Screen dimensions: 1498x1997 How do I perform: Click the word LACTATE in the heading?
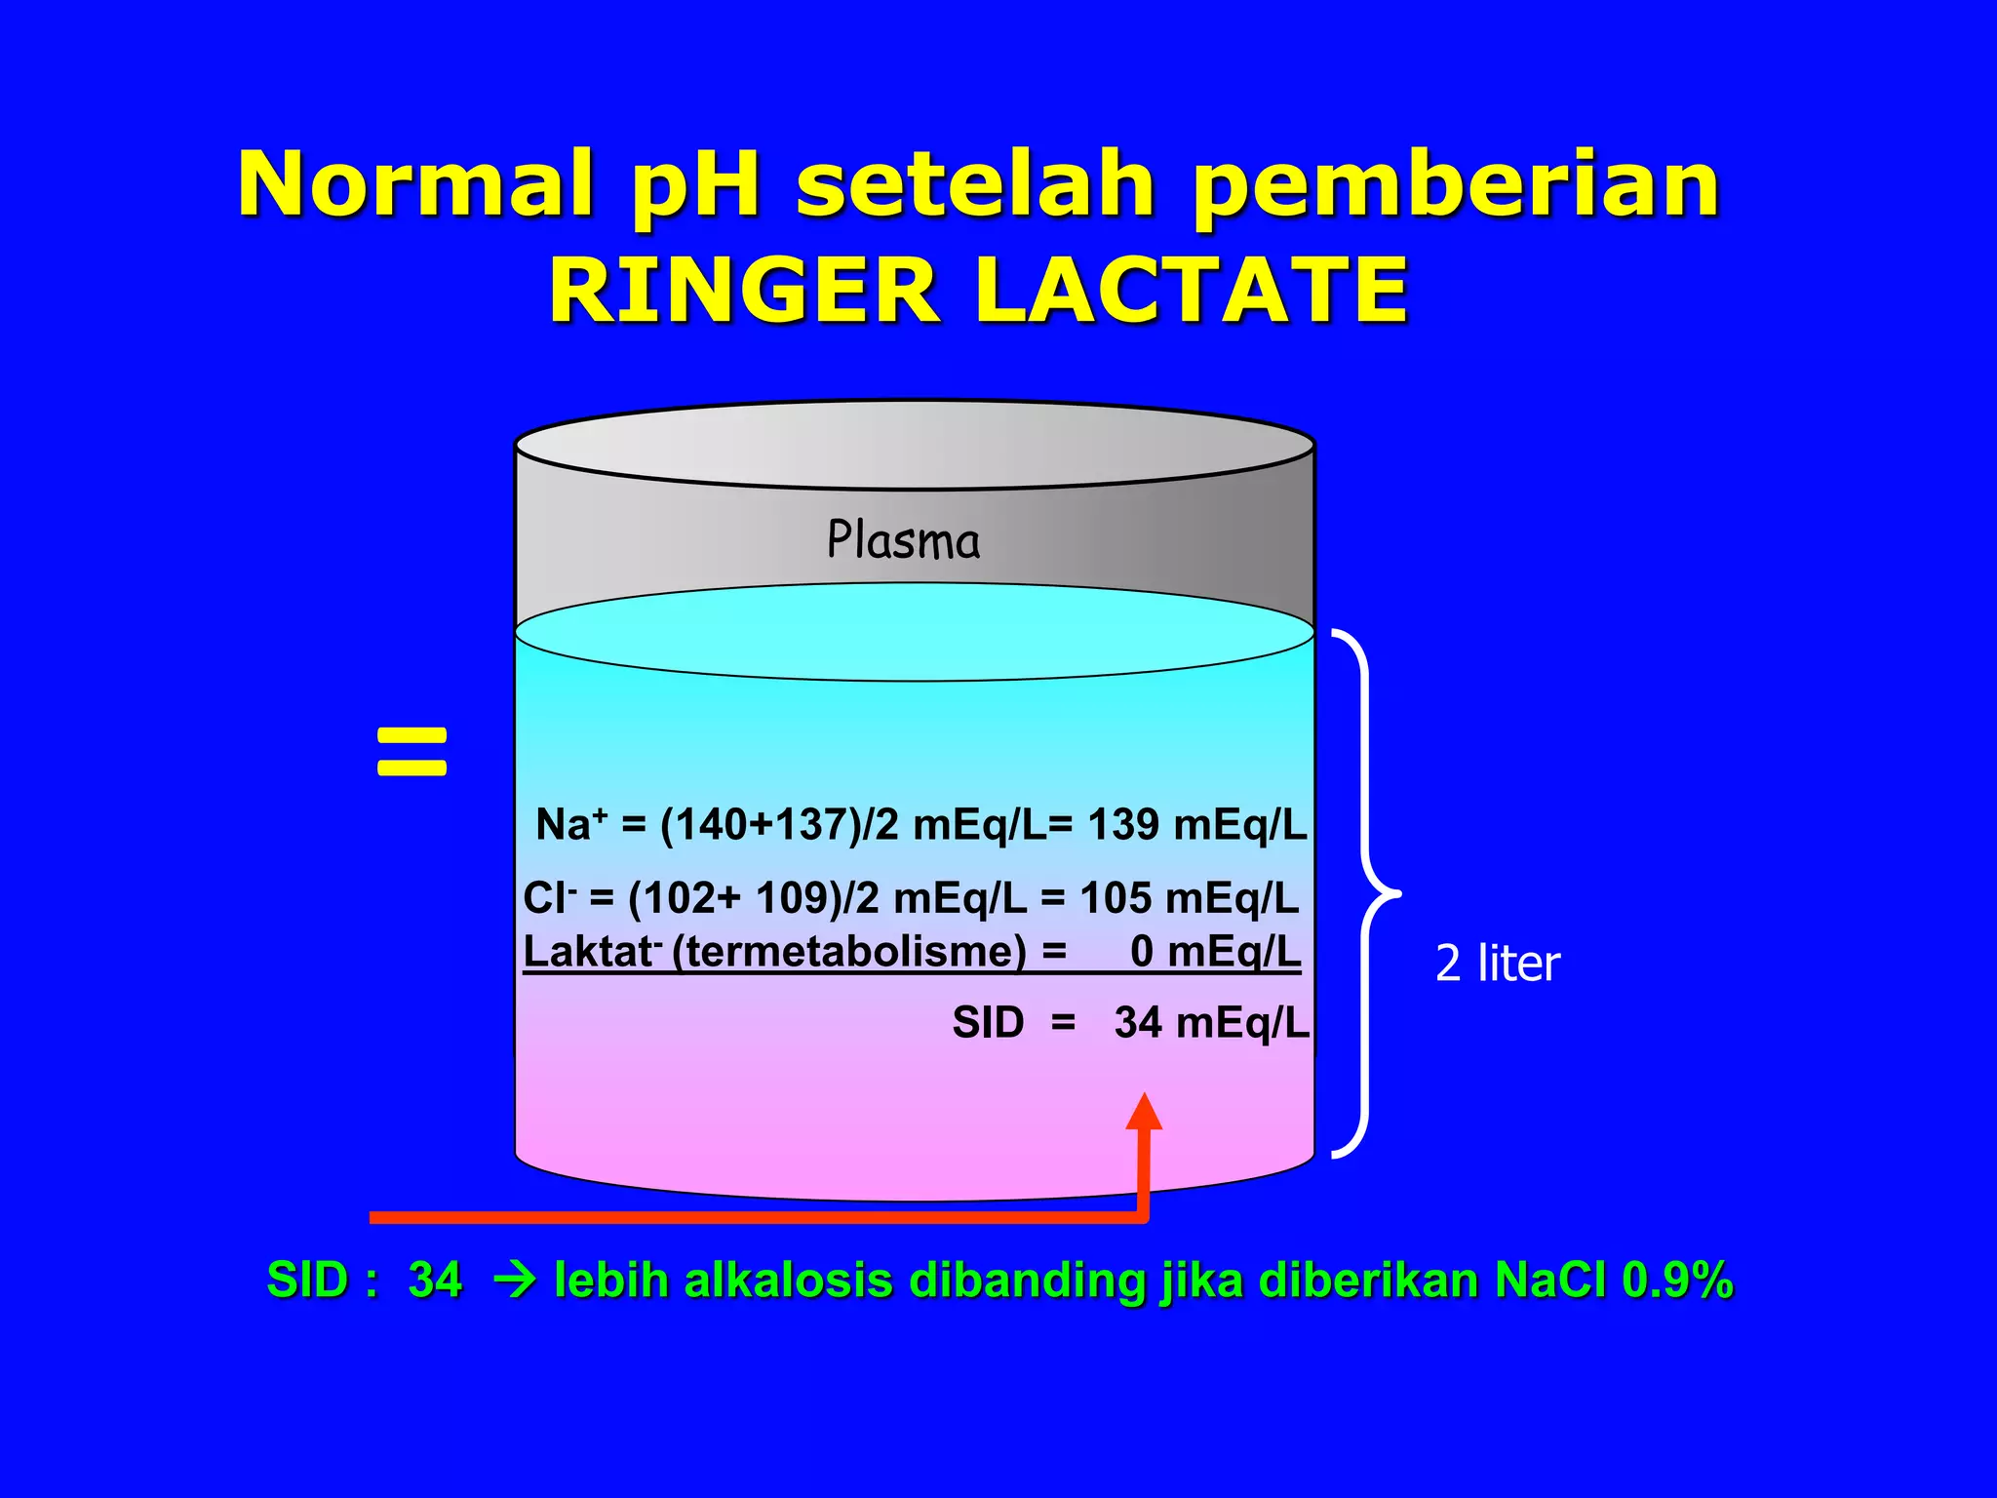(1192, 291)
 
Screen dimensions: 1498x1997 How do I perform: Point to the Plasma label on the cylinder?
(903, 540)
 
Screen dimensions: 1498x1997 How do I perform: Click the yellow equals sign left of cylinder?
(411, 752)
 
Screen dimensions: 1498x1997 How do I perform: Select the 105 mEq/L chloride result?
(1189, 898)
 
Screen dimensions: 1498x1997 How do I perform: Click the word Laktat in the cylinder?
(588, 951)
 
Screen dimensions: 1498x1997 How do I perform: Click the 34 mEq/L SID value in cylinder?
(1211, 1023)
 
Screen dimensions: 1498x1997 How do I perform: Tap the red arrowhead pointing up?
(1144, 1112)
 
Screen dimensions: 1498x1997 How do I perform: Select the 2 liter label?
(1498, 964)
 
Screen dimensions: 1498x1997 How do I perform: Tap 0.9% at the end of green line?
(1677, 1281)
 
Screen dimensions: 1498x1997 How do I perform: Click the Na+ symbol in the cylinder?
(570, 825)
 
